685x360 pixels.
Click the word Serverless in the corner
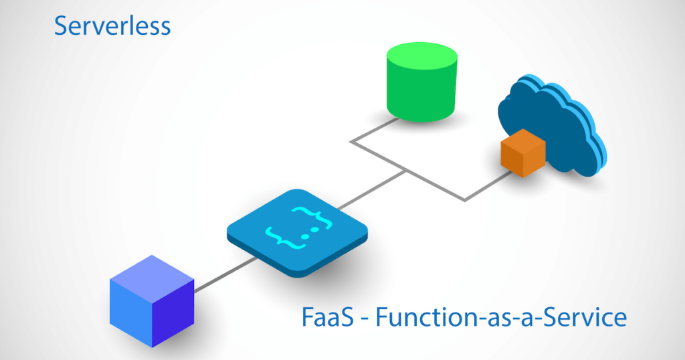coord(112,26)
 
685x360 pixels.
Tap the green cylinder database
coord(422,82)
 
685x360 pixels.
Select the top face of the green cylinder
coord(422,55)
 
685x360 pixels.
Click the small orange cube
coord(523,153)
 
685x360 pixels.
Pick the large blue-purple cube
coord(152,301)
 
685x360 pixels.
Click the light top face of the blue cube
coord(152,279)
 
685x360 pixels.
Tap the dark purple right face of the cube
coord(173,314)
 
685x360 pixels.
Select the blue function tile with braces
coord(297,233)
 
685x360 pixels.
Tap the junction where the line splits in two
coord(406,171)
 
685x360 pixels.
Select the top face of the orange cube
coord(523,141)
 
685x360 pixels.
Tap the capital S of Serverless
coord(62,26)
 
